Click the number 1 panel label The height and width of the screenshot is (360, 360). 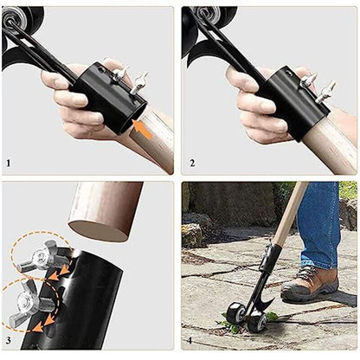(x=9, y=164)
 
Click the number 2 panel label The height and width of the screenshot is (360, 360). (x=192, y=164)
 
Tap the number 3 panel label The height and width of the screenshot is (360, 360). (x=9, y=340)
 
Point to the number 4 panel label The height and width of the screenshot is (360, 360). (x=190, y=341)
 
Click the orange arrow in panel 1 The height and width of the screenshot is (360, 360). (x=142, y=129)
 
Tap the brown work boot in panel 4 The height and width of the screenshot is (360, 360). (x=310, y=284)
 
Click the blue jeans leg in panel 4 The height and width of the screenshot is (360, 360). (x=318, y=223)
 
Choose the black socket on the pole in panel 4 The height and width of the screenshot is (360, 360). (x=270, y=260)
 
